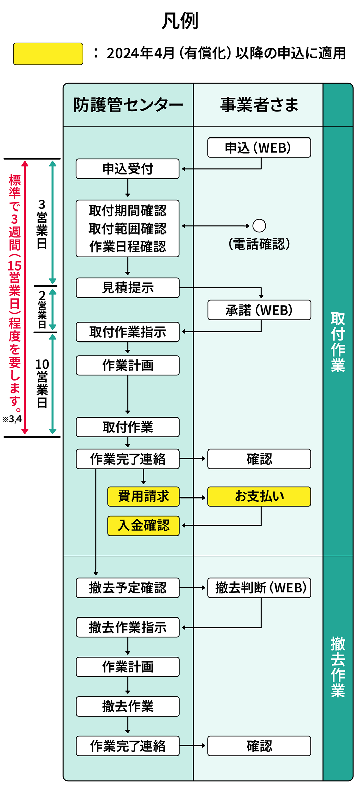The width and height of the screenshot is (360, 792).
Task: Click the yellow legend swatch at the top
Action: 48,54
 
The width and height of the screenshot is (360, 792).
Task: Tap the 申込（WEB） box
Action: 259,148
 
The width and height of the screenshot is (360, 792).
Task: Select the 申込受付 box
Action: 128,169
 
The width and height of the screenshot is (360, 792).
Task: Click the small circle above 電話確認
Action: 259,226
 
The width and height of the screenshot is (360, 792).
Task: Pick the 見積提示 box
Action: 128,288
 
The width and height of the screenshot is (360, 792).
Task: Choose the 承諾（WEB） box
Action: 259,310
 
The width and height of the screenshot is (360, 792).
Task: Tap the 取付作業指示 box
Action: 128,332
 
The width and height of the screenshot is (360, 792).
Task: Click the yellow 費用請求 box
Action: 143,496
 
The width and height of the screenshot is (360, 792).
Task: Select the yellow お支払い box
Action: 259,496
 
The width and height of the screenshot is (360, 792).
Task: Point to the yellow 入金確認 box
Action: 143,525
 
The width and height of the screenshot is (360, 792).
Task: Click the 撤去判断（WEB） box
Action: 259,588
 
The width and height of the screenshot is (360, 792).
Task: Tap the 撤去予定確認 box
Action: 128,588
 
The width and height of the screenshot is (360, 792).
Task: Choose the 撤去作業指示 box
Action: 128,627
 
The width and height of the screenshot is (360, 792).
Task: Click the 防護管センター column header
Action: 128,105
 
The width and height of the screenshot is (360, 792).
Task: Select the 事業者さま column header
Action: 259,105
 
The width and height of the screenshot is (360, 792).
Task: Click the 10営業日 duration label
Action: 42,384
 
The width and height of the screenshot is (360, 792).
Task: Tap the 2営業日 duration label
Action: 42,310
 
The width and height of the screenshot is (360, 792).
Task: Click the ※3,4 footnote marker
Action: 12,419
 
